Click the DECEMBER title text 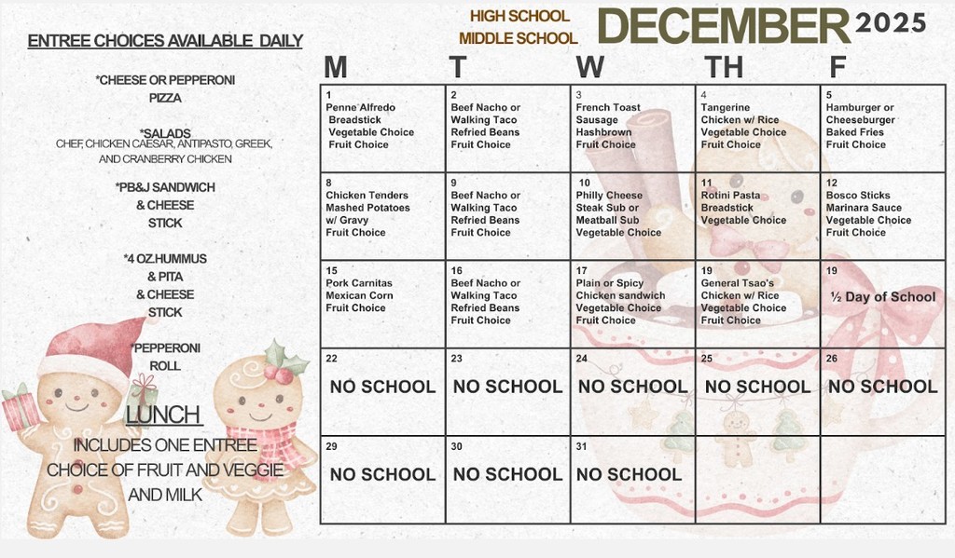[x=723, y=26]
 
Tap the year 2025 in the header [x=891, y=22]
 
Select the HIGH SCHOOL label [x=519, y=16]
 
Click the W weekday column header [x=589, y=67]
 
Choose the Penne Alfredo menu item [x=361, y=107]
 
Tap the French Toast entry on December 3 [x=608, y=107]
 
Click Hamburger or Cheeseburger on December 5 [x=860, y=114]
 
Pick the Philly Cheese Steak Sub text [x=609, y=201]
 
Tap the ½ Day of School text [x=882, y=297]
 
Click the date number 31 [x=582, y=447]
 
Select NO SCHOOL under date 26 [x=882, y=387]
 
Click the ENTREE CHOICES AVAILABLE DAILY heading [x=165, y=41]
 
